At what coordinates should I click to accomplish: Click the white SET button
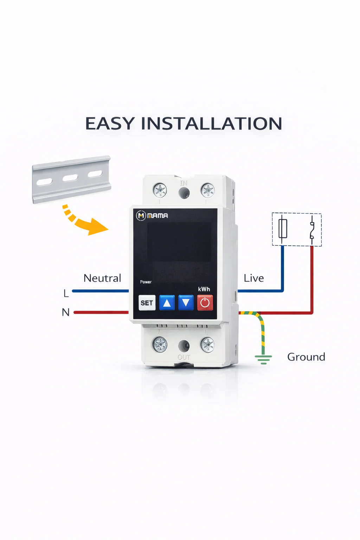click(147, 303)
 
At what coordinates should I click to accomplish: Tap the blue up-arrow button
click(167, 303)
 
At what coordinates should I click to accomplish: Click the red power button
click(205, 303)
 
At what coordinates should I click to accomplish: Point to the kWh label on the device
click(204, 289)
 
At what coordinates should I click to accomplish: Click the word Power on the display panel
click(146, 282)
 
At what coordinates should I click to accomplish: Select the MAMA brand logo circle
click(141, 216)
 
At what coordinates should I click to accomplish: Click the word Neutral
click(102, 278)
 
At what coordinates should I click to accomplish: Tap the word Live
click(254, 278)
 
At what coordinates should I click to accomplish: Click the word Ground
click(306, 357)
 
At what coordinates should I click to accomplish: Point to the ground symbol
click(263, 360)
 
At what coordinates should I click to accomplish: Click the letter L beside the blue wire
click(66, 294)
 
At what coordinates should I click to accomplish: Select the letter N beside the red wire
click(66, 312)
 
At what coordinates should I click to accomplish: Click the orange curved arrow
click(83, 222)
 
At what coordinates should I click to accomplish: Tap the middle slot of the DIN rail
click(70, 178)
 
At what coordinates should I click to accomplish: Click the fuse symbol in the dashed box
click(283, 229)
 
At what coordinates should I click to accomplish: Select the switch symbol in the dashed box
click(312, 229)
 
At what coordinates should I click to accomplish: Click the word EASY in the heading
click(110, 123)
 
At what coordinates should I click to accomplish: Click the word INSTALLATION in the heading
click(211, 123)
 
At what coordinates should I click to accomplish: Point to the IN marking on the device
click(184, 183)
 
